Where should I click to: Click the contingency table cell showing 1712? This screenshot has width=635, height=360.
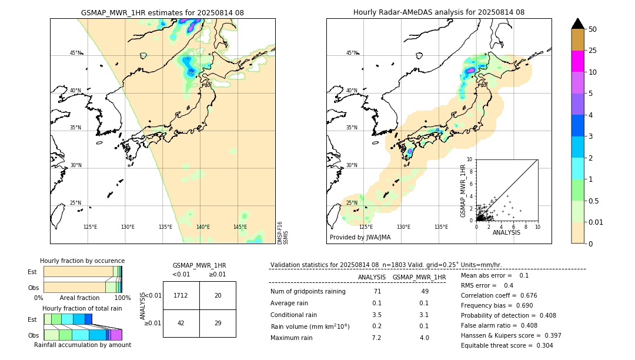pos(181,295)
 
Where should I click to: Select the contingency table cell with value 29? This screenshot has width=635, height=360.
pos(218,323)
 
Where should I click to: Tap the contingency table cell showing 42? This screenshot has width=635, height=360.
pos(181,323)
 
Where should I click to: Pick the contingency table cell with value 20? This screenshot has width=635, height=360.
pos(218,295)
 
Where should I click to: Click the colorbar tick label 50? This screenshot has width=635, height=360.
pos(593,29)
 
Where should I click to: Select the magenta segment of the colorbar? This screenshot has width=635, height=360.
pos(577,61)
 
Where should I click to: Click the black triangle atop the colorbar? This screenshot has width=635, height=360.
pos(577,24)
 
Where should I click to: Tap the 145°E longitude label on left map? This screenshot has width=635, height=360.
pos(240,227)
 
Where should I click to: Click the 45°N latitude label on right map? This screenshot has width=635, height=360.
pos(352,53)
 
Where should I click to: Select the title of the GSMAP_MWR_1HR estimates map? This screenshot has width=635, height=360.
pos(162,12)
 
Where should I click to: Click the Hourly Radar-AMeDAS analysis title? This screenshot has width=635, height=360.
pos(439,12)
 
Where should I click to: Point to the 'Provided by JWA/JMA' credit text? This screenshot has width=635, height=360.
pos(360,238)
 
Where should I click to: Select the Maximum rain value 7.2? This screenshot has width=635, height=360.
pos(376,338)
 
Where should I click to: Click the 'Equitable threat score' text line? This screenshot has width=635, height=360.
pos(507,345)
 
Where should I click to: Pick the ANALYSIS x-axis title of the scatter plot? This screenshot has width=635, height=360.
pos(506,232)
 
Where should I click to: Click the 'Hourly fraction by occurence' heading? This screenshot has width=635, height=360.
pos(82,261)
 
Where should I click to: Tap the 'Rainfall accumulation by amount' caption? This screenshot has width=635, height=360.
pos(82,345)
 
